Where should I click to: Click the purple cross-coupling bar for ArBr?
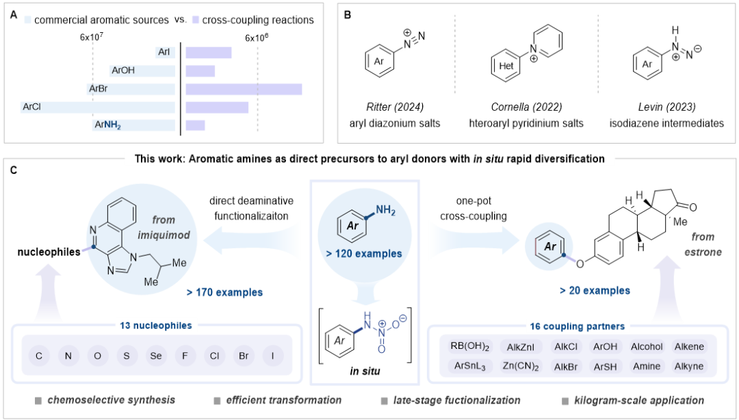[244, 89]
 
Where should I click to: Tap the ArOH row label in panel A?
[123, 70]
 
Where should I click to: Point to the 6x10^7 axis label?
[92, 36]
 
